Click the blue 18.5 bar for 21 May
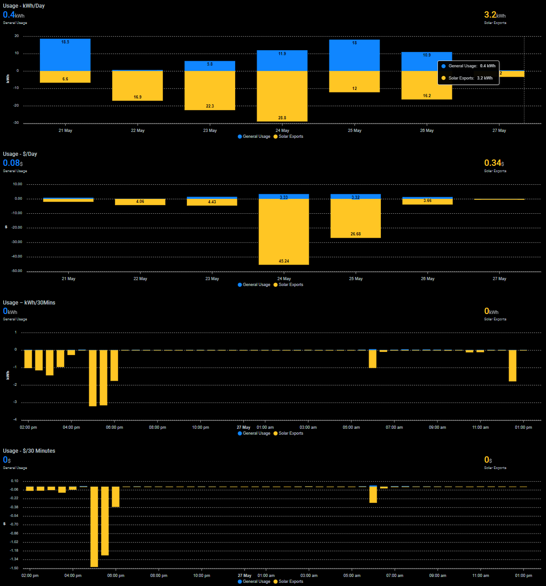pyautogui.click(x=65, y=55)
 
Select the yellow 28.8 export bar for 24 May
pyautogui.click(x=282, y=96)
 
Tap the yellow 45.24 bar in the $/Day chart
pyautogui.click(x=284, y=231)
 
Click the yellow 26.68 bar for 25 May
pyautogui.click(x=356, y=218)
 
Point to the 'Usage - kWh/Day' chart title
pyautogui.click(x=24, y=6)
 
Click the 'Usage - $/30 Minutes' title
pyautogui.click(x=29, y=451)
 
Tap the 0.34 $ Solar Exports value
pyautogui.click(x=494, y=163)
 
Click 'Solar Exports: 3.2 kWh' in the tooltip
pyautogui.click(x=470, y=78)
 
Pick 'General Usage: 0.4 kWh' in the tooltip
pyautogui.click(x=471, y=66)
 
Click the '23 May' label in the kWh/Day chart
pyautogui.click(x=210, y=131)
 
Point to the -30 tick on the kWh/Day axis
pyautogui.click(x=16, y=123)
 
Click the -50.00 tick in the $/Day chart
pyautogui.click(x=17, y=271)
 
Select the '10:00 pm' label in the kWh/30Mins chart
pyautogui.click(x=200, y=427)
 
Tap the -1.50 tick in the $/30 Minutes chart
pyautogui.click(x=14, y=568)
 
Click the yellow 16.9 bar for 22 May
pyautogui.click(x=138, y=86)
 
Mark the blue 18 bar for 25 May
pyautogui.click(x=354, y=56)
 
